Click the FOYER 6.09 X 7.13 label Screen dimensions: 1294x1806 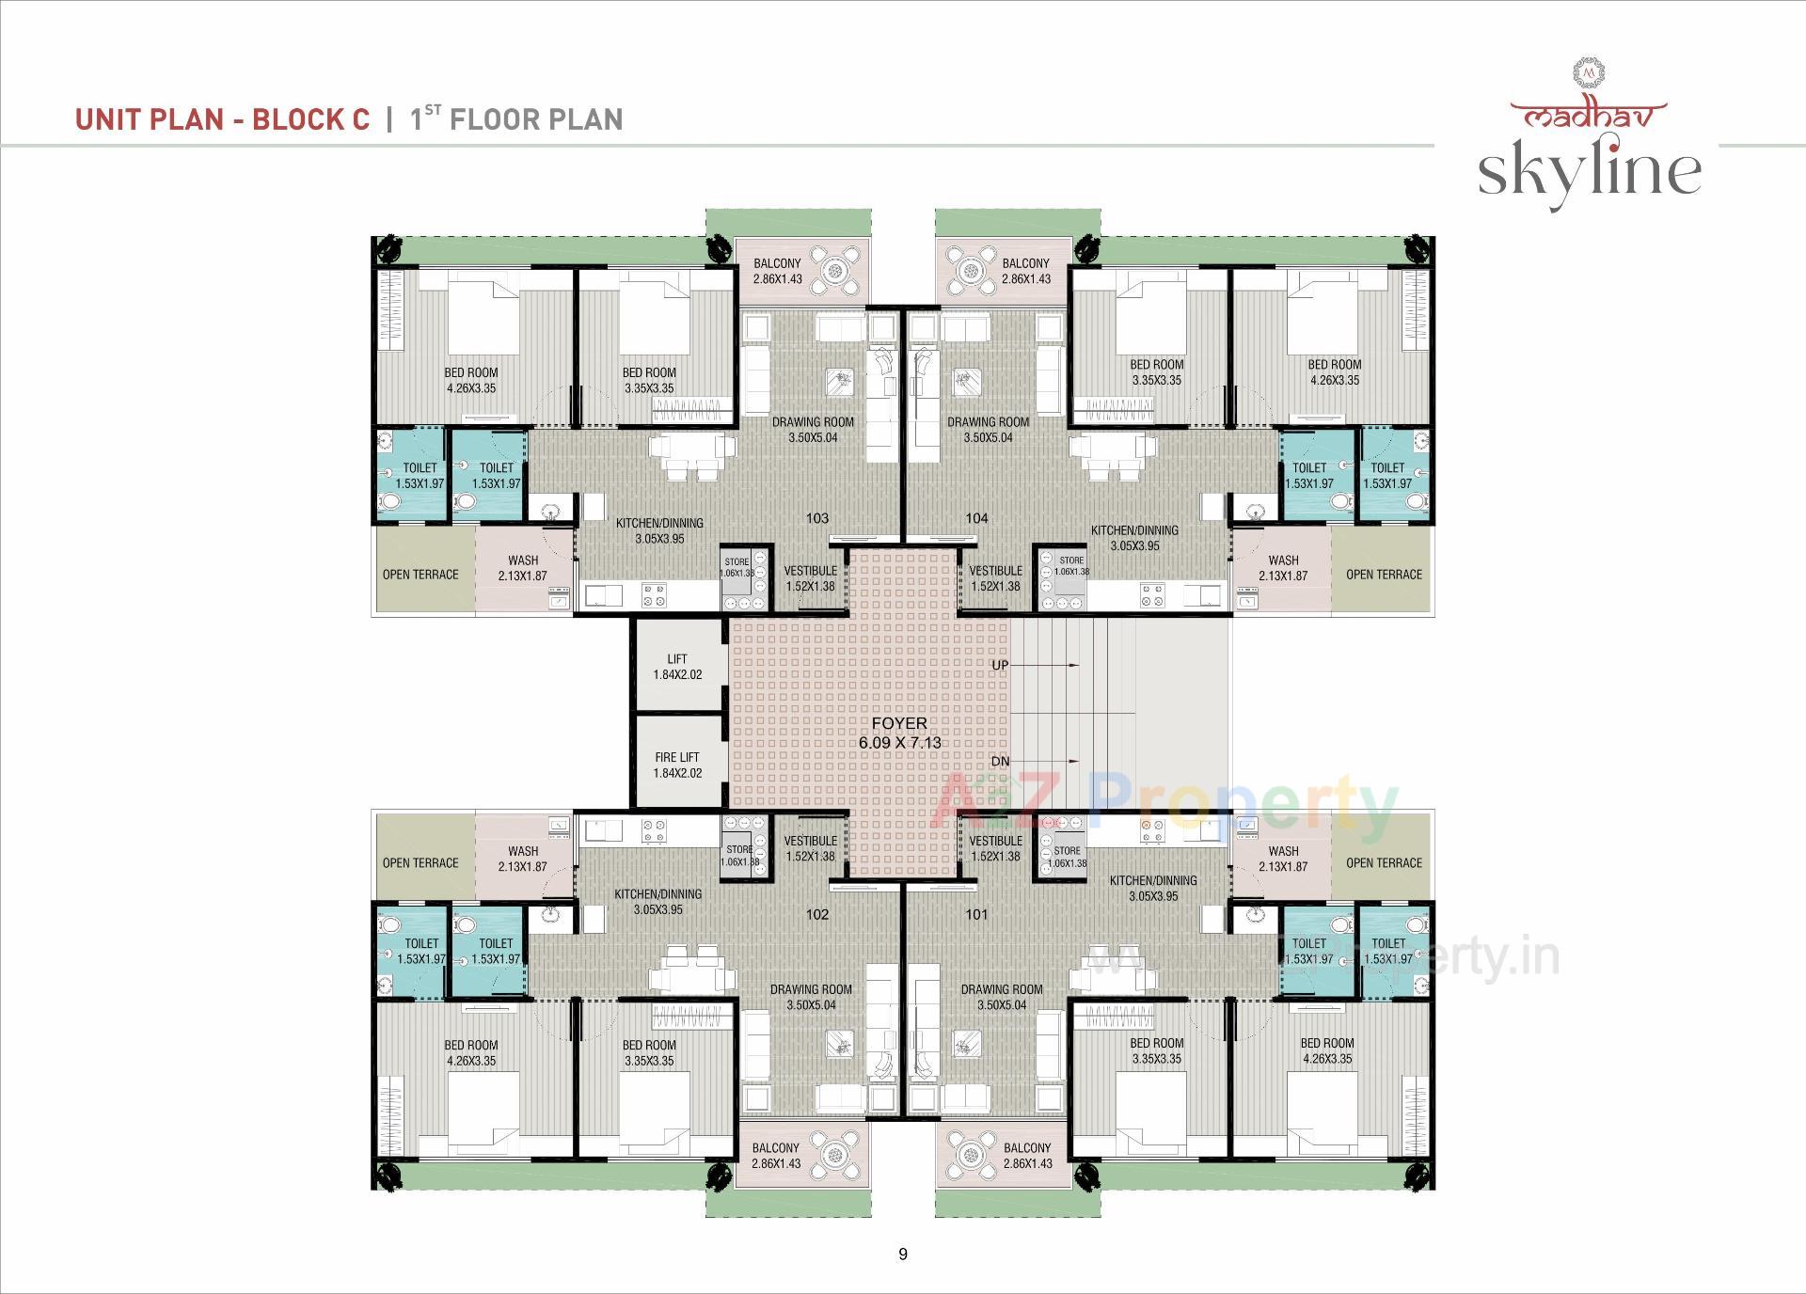[x=899, y=733]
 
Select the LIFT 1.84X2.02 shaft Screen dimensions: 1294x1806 [x=677, y=667]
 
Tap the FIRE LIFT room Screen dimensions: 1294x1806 [x=677, y=765]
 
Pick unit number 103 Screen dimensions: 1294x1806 [x=817, y=518]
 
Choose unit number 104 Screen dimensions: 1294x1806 [x=976, y=518]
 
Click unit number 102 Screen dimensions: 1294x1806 [x=817, y=914]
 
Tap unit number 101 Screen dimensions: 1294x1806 [x=976, y=914]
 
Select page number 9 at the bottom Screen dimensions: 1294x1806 [x=903, y=1254]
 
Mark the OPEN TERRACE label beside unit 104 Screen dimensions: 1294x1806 [x=1384, y=575]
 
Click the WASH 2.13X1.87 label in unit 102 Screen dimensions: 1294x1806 [x=523, y=859]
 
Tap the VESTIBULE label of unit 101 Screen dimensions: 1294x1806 [x=995, y=848]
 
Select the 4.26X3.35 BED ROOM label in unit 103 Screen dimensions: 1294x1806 [x=471, y=380]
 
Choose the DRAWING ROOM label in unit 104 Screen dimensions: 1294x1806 [x=988, y=430]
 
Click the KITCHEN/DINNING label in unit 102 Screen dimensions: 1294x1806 [x=658, y=902]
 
